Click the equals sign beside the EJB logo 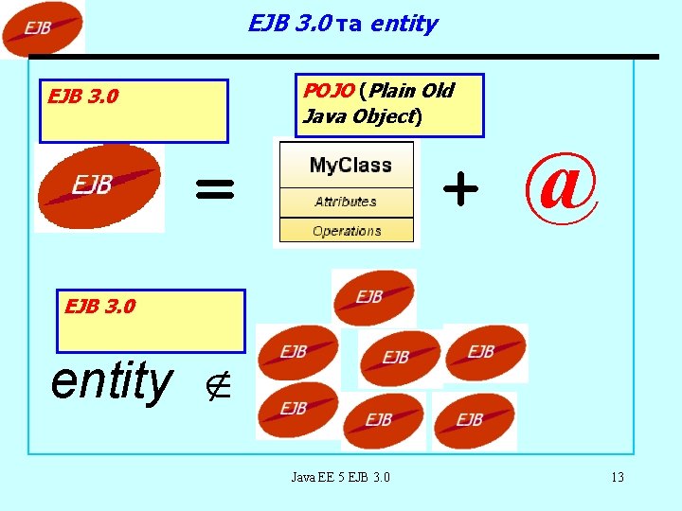tap(214, 190)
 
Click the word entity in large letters tap(112, 381)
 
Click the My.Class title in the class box tap(350, 166)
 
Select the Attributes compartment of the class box tap(346, 202)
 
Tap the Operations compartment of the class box tap(347, 231)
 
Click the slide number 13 tap(617, 477)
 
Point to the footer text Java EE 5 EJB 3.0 tap(340, 477)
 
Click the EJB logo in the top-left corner tap(41, 28)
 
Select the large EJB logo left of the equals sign tap(99, 186)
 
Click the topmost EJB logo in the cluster tap(373, 297)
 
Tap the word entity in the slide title tap(404, 24)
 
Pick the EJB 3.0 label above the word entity tap(99, 307)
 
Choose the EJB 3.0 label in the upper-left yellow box tap(83, 97)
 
